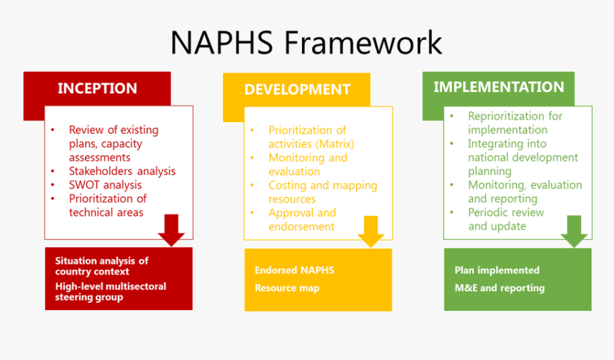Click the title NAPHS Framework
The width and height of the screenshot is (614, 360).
click(306, 42)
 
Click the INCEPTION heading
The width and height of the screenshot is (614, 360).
click(97, 89)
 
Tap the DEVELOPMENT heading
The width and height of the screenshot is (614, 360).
click(297, 89)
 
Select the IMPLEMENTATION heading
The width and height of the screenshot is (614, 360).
click(498, 87)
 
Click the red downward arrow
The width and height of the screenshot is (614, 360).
click(171, 229)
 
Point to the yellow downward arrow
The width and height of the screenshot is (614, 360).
click(371, 231)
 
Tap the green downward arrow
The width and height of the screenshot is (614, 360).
click(574, 230)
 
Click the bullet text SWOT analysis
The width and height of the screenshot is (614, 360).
click(105, 185)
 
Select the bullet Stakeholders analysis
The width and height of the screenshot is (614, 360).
click(121, 171)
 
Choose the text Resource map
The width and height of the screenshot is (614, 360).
click(287, 288)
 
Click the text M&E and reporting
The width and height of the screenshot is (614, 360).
click(499, 288)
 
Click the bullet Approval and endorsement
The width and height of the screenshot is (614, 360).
click(301, 219)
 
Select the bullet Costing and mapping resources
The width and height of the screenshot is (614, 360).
click(322, 192)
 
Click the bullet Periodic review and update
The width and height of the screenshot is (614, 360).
click(505, 219)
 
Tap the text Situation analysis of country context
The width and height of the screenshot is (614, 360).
click(101, 266)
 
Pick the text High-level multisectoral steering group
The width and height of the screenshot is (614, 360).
click(110, 291)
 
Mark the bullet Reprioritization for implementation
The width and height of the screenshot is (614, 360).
click(514, 123)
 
